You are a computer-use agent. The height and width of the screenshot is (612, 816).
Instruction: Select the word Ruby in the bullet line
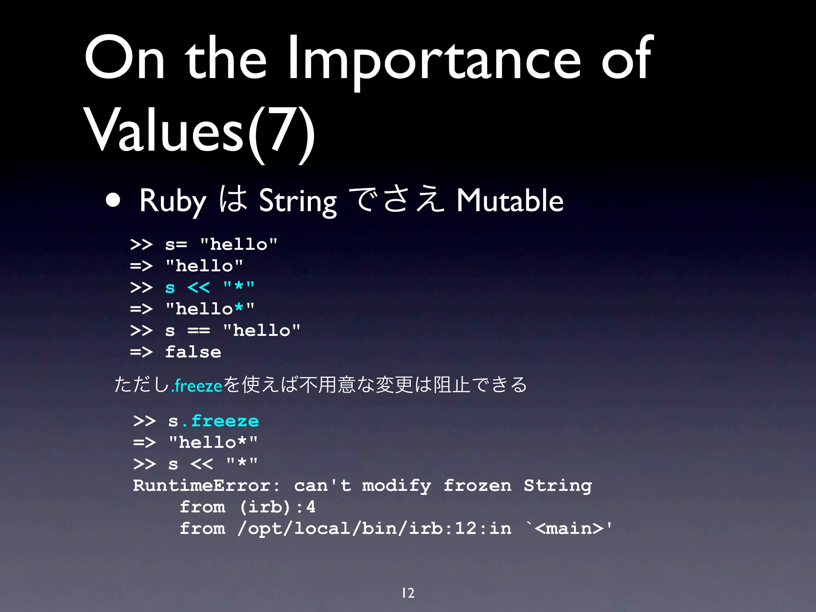tap(173, 201)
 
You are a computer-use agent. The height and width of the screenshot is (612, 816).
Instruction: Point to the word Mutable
tap(510, 201)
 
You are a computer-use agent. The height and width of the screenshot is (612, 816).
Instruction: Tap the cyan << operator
tap(198, 287)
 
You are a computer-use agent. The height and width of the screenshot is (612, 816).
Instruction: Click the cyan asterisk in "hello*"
tap(239, 308)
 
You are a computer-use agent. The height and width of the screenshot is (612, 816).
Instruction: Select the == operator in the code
tap(198, 331)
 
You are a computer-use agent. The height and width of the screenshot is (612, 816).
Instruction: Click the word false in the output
tap(193, 352)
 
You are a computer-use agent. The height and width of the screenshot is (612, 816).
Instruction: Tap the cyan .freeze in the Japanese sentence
tap(196, 386)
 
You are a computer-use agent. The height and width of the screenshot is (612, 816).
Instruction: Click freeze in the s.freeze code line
tap(225, 421)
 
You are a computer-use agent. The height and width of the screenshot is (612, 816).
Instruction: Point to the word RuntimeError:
tap(206, 486)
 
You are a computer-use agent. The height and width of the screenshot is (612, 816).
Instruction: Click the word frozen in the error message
tap(477, 486)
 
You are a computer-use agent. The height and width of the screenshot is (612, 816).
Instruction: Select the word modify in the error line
tap(396, 486)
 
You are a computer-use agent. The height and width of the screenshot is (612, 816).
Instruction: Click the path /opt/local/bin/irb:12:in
tap(374, 529)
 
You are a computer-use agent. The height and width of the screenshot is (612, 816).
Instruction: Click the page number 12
tap(408, 593)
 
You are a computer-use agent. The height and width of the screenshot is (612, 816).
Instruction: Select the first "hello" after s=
tap(238, 244)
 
